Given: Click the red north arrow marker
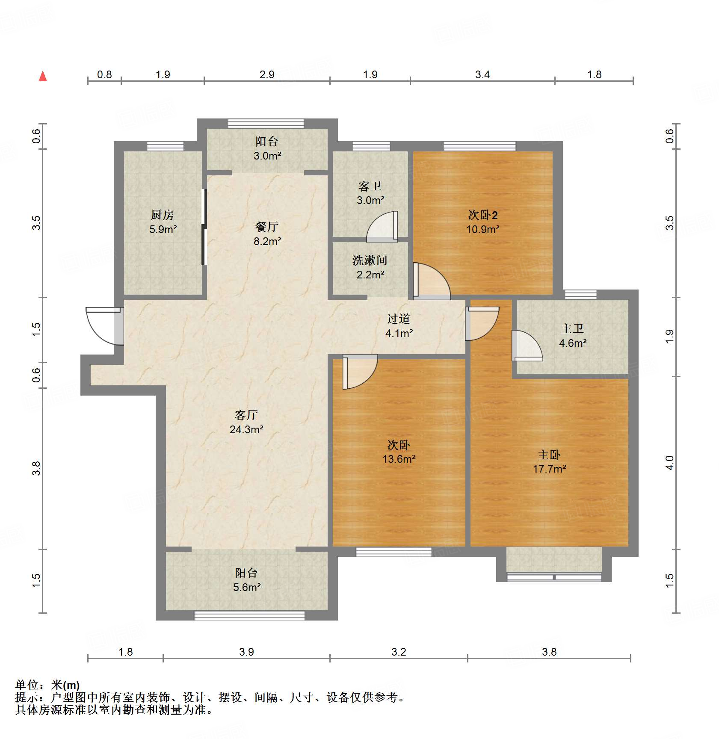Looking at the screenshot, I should pyautogui.click(x=43, y=77).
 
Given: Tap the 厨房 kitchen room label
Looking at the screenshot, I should pyautogui.click(x=163, y=215).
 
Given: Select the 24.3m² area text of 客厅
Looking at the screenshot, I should pyautogui.click(x=246, y=429).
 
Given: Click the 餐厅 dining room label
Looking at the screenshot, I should pyautogui.click(x=267, y=227).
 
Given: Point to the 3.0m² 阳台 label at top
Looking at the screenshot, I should pyautogui.click(x=267, y=148).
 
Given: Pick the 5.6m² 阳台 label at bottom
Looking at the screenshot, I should pyautogui.click(x=246, y=580).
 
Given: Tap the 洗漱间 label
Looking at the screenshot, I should pyautogui.click(x=370, y=260).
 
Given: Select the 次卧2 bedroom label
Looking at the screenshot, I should pyautogui.click(x=483, y=215).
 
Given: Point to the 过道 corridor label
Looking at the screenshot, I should pyautogui.click(x=399, y=319).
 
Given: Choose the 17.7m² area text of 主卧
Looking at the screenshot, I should pyautogui.click(x=549, y=469).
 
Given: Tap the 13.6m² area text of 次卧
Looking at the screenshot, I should pyautogui.click(x=399, y=459).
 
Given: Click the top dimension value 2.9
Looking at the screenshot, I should pyautogui.click(x=267, y=74).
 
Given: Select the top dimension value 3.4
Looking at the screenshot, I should pyautogui.click(x=482, y=74).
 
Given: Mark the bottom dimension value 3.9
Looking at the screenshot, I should pyautogui.click(x=246, y=652).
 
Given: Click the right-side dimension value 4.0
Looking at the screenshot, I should pyautogui.click(x=670, y=463).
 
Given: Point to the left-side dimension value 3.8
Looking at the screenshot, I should pyautogui.click(x=36, y=468).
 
